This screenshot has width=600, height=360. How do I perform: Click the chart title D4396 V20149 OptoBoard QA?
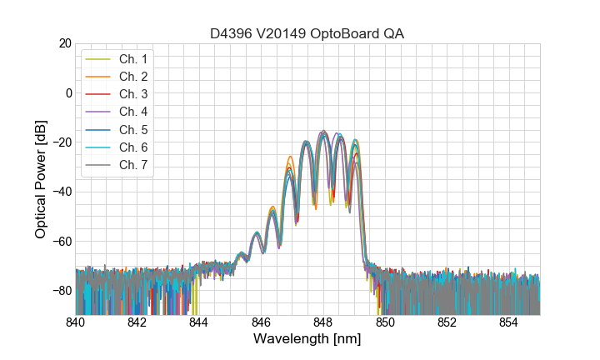click(x=307, y=33)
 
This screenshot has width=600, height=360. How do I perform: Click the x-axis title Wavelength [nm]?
click(x=307, y=340)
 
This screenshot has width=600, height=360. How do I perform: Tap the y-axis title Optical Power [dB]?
click(x=41, y=179)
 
